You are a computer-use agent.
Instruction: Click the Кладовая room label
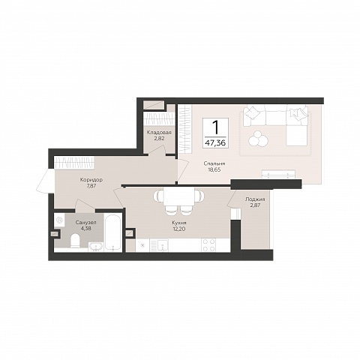[159, 132]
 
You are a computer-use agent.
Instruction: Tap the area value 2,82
[159, 138]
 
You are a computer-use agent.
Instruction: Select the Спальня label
[214, 163]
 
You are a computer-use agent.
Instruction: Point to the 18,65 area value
[214, 169]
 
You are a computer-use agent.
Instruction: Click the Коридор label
[91, 180]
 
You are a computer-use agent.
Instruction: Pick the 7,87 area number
[91, 186]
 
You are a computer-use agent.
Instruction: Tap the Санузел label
[85, 222]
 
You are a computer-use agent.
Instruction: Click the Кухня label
[179, 223]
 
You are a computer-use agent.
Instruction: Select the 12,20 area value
[179, 229]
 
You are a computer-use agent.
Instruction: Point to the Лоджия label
[255, 199]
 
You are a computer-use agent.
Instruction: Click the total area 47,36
[215, 143]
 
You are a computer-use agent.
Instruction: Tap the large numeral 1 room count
[215, 127]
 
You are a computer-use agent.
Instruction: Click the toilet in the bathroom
[75, 241]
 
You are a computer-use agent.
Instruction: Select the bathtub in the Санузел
[113, 232]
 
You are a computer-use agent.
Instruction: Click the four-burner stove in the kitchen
[208, 245]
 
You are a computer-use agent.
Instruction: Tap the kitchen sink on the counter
[162, 245]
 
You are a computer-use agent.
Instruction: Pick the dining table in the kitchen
[179, 196]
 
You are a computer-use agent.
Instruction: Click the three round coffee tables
[258, 139]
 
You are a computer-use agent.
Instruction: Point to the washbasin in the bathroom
[95, 247]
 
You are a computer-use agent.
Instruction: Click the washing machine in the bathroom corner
[59, 220]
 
